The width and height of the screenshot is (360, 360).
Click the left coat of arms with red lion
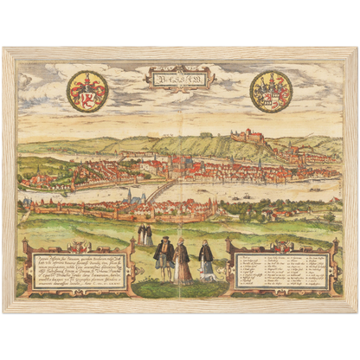(87, 91)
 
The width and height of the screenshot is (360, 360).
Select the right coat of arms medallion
(271, 91)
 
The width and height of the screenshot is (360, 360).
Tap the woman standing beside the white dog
(205, 259)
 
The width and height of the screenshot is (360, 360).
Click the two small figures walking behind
(144, 235)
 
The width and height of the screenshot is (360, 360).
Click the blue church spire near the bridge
(130, 196)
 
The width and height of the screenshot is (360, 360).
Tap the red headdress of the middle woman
(183, 241)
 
